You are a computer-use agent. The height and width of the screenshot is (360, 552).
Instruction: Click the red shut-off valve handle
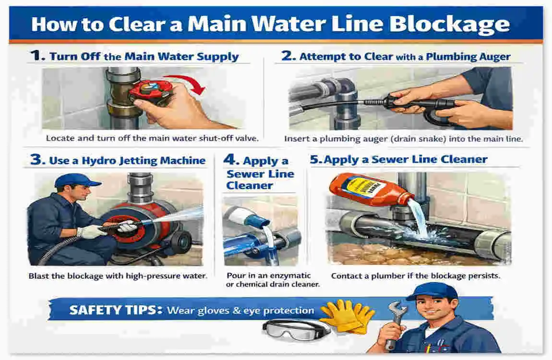[150, 91]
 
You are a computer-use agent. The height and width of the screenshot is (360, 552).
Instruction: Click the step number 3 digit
[37, 159]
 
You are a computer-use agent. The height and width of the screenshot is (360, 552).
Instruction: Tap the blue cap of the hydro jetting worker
[77, 181]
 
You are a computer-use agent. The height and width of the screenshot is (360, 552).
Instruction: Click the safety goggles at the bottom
[296, 330]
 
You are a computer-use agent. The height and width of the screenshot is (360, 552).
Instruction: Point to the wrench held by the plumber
[396, 324]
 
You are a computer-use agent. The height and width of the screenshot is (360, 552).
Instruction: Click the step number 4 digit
[231, 160]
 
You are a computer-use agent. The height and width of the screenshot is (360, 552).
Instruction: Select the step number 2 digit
[288, 56]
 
